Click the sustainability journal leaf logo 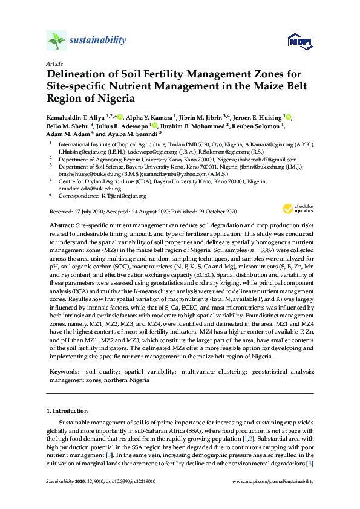56,41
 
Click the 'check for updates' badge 295,209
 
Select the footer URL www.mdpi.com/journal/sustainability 273,482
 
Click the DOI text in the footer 131,482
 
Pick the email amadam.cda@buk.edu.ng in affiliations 84,189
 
